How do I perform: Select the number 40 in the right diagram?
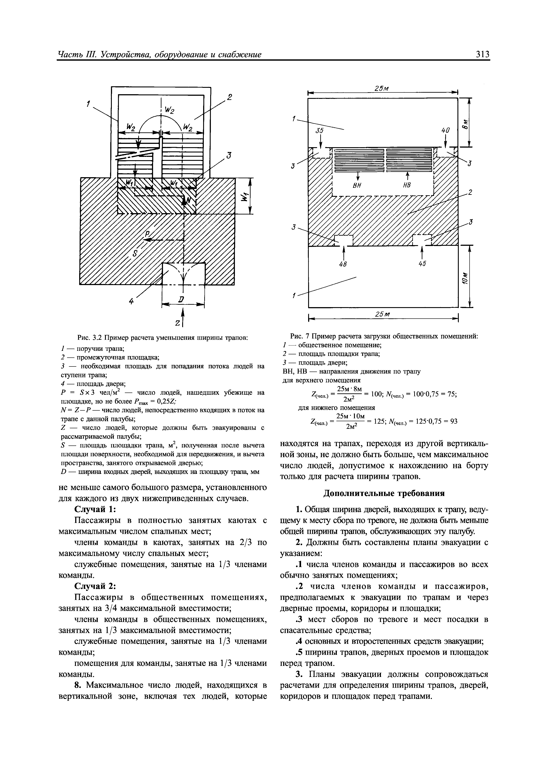tap(445, 131)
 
